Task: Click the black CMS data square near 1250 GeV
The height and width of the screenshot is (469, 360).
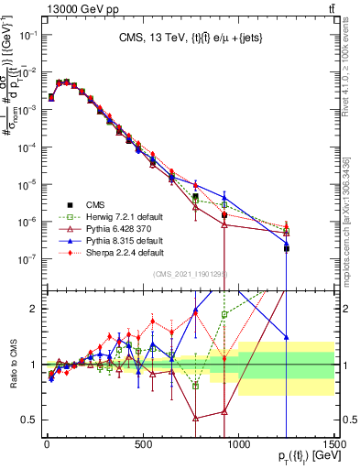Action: point(287,248)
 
